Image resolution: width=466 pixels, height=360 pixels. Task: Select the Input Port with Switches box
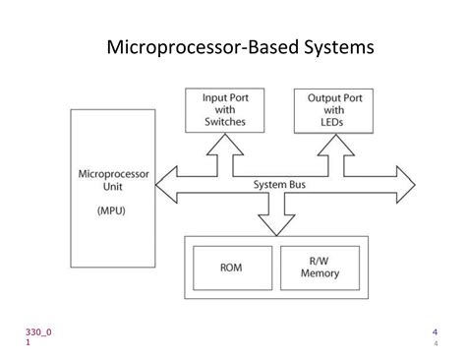tap(224, 109)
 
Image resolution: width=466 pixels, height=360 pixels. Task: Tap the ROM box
tap(231, 267)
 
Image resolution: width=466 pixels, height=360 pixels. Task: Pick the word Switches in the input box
tap(224, 122)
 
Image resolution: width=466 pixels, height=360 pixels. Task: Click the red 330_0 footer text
tap(38, 331)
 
